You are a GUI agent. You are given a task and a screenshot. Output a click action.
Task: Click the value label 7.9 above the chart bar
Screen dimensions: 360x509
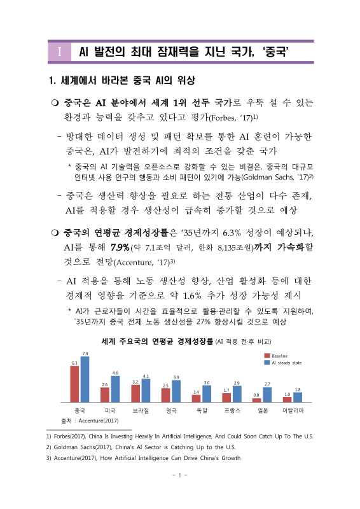(x=85, y=353)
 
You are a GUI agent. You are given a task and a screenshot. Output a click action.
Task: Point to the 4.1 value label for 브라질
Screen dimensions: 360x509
(x=146, y=376)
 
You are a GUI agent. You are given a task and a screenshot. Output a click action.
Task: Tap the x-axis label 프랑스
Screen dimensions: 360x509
(x=232, y=411)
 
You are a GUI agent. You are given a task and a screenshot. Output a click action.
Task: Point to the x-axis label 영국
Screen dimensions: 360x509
(x=171, y=411)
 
